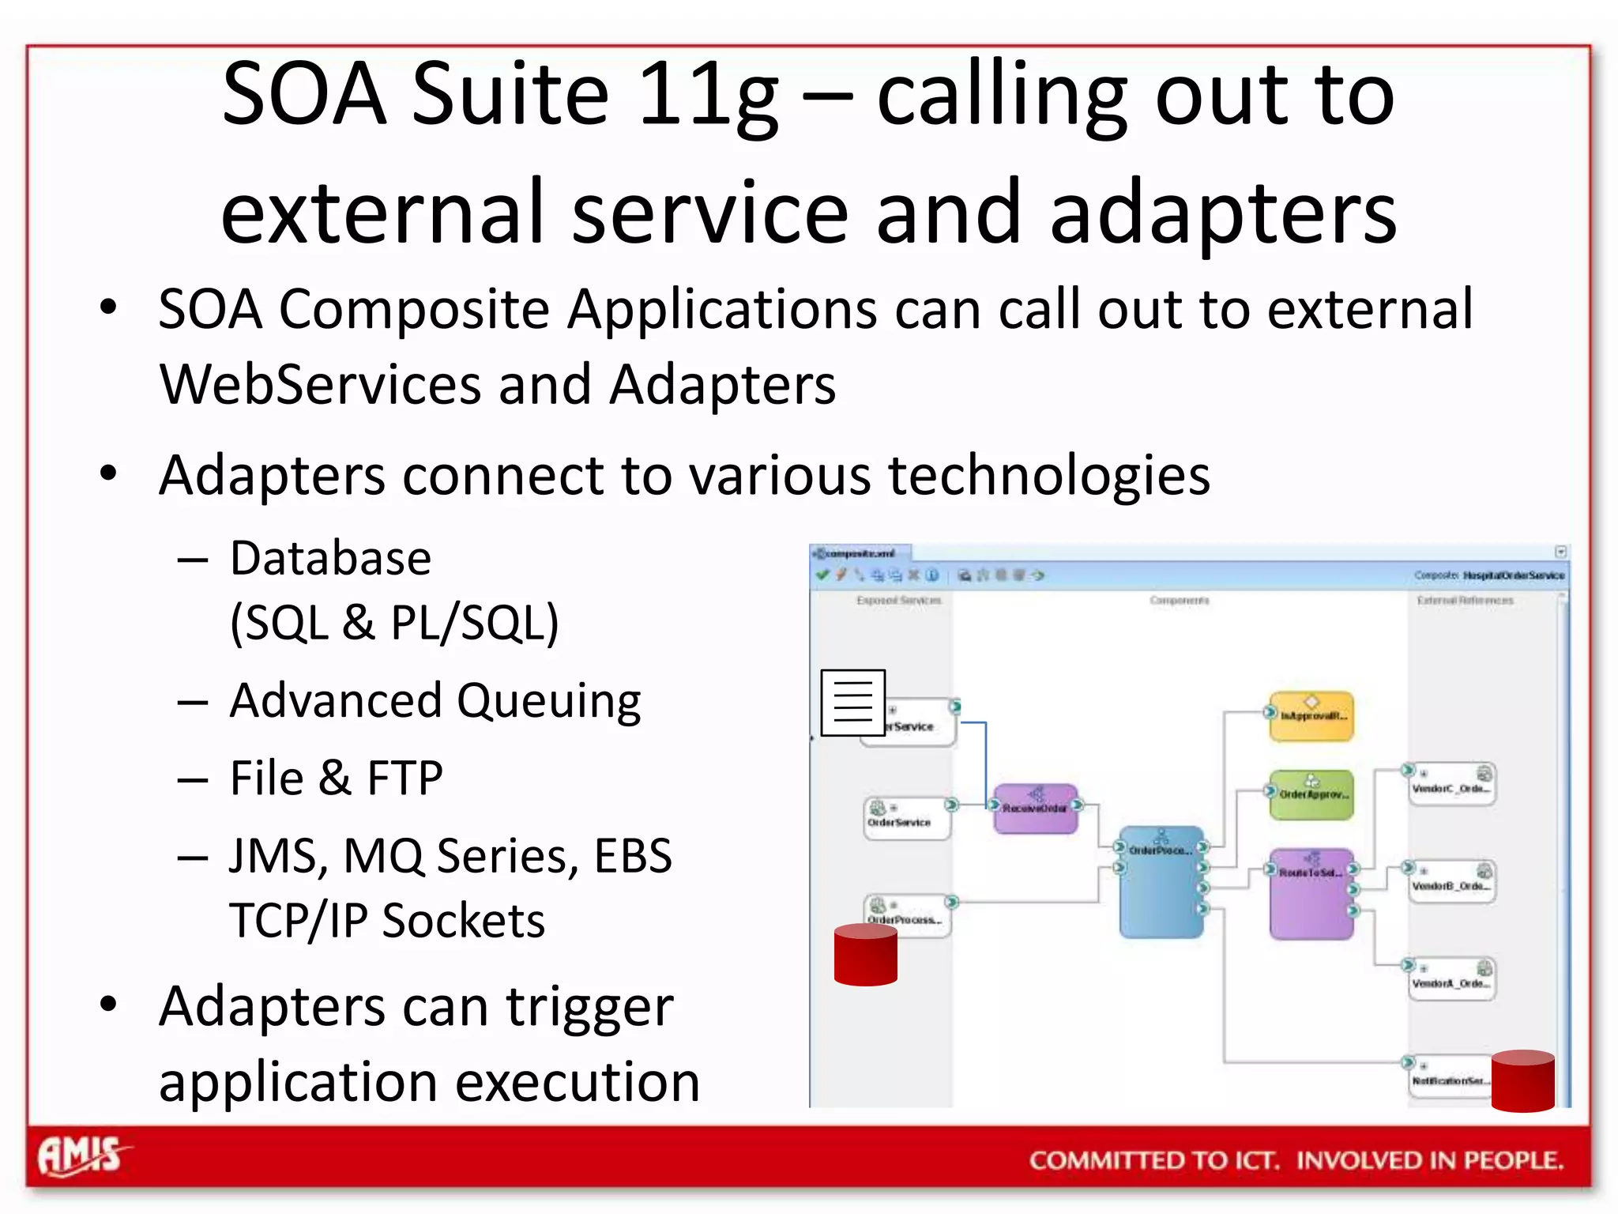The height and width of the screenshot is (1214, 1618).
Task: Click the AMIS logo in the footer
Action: pyautogui.click(x=81, y=1156)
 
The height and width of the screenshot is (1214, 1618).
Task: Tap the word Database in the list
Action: pyautogui.click(x=330, y=559)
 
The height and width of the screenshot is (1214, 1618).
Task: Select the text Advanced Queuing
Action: pyautogui.click(x=435, y=701)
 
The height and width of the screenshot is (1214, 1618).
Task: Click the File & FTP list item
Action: pyautogui.click(x=336, y=778)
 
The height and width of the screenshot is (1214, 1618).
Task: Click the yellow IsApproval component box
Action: pyautogui.click(x=1311, y=716)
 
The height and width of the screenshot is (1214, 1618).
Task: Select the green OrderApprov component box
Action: pyautogui.click(x=1311, y=794)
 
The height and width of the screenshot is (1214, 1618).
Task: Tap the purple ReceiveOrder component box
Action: pyautogui.click(x=1035, y=809)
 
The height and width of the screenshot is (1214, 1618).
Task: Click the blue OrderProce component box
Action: pyautogui.click(x=1161, y=881)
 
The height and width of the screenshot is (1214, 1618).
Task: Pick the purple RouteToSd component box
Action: pyautogui.click(x=1311, y=893)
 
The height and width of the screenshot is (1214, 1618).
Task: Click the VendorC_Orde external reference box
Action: pyautogui.click(x=1451, y=785)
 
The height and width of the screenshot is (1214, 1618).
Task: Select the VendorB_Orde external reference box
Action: pyautogui.click(x=1451, y=882)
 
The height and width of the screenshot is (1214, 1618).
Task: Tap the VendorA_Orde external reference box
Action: pyautogui.click(x=1451, y=980)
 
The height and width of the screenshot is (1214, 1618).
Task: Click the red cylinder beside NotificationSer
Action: pyautogui.click(x=1522, y=1081)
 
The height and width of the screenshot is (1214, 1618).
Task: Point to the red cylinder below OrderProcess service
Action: pyautogui.click(x=865, y=955)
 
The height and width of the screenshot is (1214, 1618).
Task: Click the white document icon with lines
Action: pyautogui.click(x=852, y=703)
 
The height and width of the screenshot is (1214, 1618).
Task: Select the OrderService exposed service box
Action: pyautogui.click(x=905, y=818)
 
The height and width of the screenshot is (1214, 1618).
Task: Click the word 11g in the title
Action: pyautogui.click(x=708, y=95)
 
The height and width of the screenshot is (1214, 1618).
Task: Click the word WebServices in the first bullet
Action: pyautogui.click(x=319, y=385)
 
